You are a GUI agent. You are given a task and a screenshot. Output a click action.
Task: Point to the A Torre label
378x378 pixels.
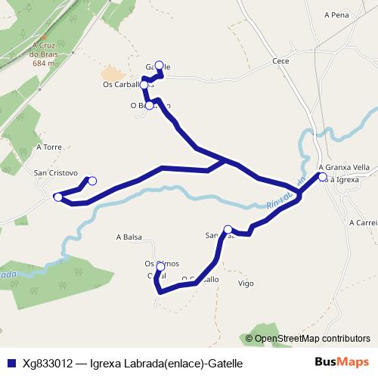[48, 147]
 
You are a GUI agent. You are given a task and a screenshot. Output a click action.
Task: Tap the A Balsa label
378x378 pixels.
[129, 237]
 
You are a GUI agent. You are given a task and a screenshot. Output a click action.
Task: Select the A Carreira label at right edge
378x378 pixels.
[363, 223]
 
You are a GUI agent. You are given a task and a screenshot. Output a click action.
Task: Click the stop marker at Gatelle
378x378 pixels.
[159, 65]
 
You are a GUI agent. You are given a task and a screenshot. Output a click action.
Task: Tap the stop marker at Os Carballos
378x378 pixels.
[144, 85]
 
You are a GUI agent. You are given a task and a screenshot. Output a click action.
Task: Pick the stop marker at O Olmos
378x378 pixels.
[160, 267]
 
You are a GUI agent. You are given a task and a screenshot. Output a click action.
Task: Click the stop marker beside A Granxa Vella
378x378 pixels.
[323, 178]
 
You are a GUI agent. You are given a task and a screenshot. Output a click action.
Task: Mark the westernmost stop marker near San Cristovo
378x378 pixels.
[58, 197]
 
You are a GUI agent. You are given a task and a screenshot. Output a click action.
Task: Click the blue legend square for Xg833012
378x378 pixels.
[10, 364]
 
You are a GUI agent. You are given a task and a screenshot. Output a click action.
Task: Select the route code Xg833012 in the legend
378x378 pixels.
[47, 364]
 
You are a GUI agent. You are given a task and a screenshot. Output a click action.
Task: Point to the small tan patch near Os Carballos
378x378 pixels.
[111, 73]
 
